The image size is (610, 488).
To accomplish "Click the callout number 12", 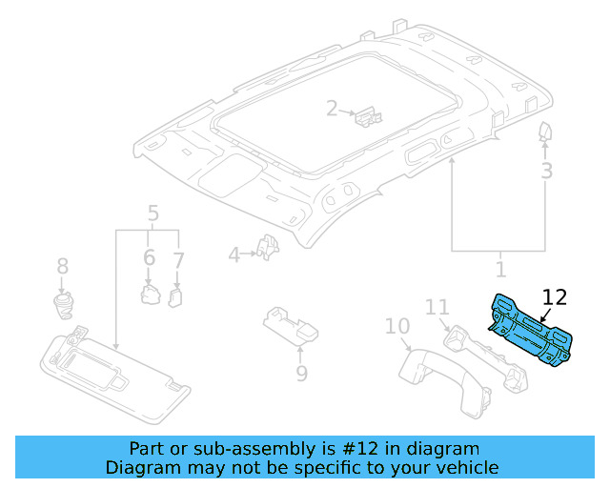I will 554,297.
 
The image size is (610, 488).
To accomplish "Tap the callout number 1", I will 500,270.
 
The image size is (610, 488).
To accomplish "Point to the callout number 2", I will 332,109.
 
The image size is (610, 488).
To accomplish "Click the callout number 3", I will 546,172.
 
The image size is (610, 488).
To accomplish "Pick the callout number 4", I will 234,254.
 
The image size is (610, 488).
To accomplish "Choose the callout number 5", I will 152,213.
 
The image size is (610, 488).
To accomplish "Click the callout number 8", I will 63,266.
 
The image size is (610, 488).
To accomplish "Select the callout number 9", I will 301,373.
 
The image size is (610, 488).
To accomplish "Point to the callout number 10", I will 397,328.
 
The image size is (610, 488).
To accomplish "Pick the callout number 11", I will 437,308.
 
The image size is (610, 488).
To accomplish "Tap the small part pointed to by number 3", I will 546,132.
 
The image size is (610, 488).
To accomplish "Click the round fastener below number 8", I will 64,305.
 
